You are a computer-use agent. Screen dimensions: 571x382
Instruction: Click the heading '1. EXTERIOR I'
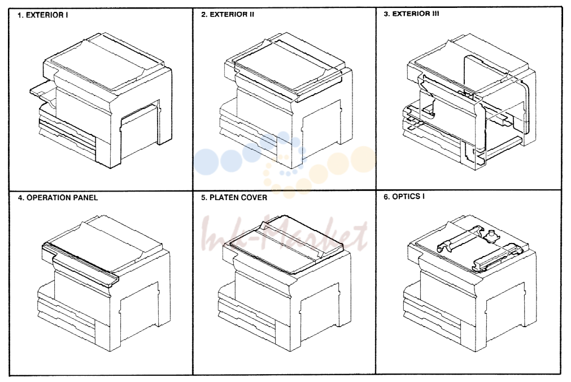click(x=43, y=15)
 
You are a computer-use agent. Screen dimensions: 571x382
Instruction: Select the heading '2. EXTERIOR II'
click(x=228, y=15)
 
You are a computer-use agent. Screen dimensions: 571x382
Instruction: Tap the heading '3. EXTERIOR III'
click(x=411, y=14)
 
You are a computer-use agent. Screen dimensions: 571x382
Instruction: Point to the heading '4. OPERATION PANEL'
click(x=58, y=198)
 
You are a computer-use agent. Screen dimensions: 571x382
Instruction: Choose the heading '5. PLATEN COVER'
click(x=234, y=198)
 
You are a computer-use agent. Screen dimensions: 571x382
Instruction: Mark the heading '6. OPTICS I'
click(x=404, y=197)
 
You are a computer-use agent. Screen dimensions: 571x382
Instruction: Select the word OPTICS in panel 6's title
click(x=406, y=197)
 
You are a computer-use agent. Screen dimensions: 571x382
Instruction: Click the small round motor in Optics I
click(x=492, y=235)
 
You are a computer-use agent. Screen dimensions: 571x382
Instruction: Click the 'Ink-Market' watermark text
click(x=285, y=235)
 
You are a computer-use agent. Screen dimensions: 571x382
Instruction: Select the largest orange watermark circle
click(x=363, y=159)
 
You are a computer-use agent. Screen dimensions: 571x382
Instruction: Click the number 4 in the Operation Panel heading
click(x=20, y=198)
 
